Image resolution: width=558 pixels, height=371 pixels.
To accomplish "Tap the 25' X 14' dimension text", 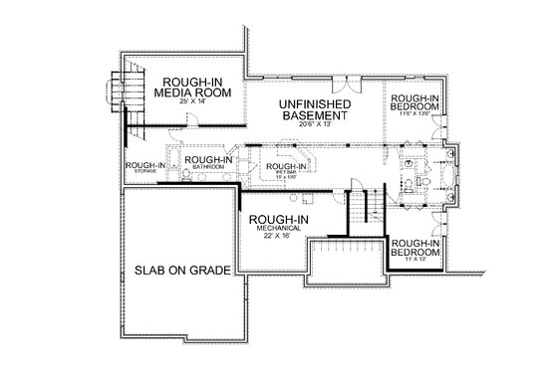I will pos(193,103).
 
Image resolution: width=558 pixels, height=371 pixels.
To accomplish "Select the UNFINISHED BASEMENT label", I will pos(315,109).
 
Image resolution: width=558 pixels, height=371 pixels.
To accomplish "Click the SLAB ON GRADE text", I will pos(177,270).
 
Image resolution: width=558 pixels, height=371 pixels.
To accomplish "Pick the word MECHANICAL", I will pos(277,227).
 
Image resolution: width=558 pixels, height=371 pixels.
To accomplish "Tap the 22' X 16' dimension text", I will pos(277,237).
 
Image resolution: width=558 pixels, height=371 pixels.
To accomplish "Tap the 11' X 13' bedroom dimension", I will pos(415,258).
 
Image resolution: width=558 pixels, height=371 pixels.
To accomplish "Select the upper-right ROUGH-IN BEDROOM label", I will pos(415,101).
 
